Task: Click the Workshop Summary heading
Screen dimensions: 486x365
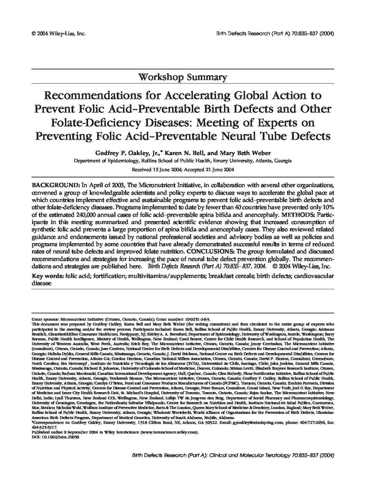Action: tap(182, 77)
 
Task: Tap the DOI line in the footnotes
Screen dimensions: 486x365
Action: tap(55, 436)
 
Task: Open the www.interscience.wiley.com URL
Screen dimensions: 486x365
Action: tap(169, 431)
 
